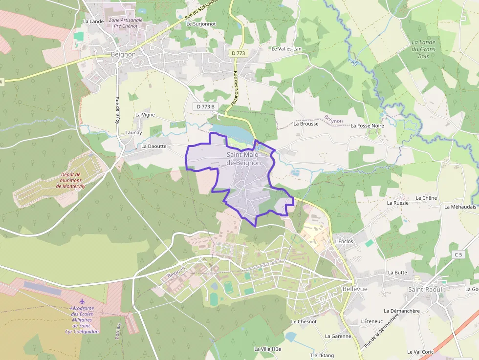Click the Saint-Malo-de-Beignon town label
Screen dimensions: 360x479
coord(243,159)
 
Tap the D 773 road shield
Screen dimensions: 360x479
coord(239,53)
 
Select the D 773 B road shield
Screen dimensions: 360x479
coord(206,106)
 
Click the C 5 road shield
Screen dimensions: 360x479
coord(458,254)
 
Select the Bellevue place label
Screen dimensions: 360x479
coord(355,289)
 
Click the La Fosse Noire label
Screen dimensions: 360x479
coord(367,126)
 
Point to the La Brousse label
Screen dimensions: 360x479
coord(306,124)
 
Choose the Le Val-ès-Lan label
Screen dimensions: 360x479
coord(286,49)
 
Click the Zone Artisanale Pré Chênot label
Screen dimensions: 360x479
coord(126,23)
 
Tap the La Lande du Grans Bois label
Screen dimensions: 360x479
coord(423,49)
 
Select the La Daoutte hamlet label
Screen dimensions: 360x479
coord(154,146)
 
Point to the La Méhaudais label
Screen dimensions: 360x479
coord(460,207)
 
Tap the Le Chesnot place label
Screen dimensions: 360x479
coord(304,321)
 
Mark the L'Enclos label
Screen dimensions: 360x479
coord(344,241)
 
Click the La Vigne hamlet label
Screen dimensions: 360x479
coord(145,115)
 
